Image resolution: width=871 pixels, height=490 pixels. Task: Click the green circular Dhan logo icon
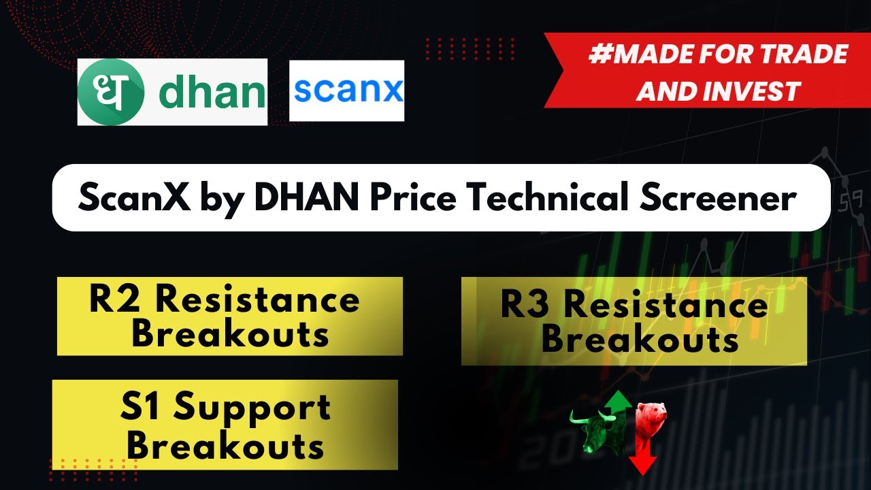pos(110,92)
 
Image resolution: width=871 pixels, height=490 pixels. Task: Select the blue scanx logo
pos(346,91)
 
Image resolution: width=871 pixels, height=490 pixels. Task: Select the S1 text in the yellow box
pos(140,407)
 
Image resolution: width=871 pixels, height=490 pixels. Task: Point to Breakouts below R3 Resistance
pos(640,340)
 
